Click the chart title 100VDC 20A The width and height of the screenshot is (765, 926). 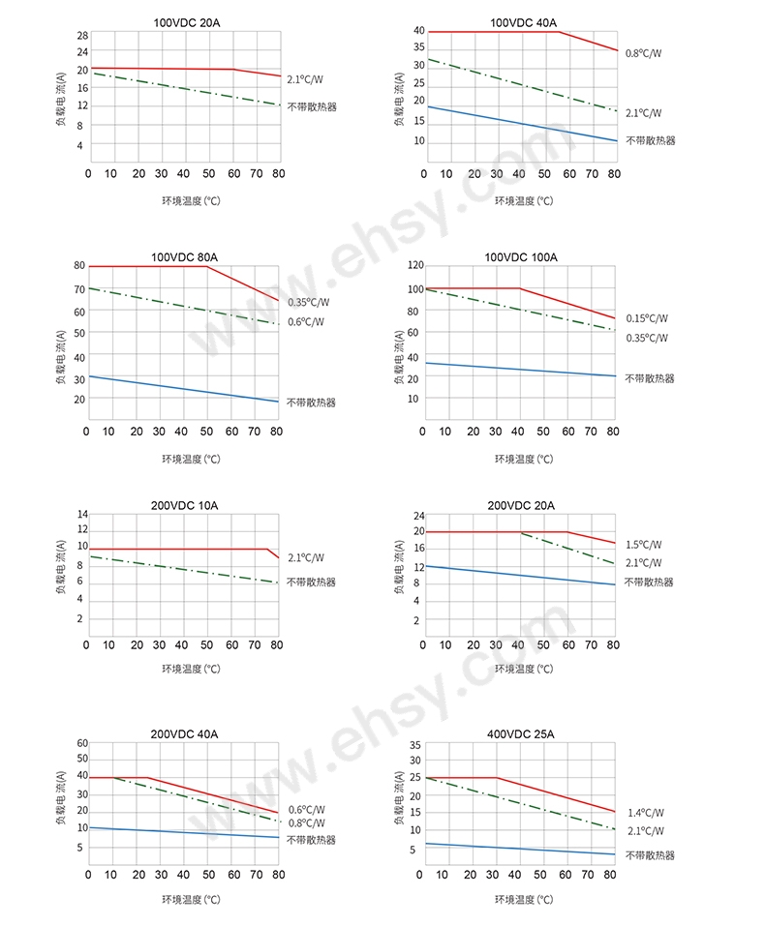click(x=184, y=22)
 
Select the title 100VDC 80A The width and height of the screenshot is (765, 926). click(x=184, y=256)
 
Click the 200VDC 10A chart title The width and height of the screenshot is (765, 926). click(x=184, y=505)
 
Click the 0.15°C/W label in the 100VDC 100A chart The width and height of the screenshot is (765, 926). click(x=646, y=318)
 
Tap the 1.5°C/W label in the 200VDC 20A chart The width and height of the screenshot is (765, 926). click(x=643, y=545)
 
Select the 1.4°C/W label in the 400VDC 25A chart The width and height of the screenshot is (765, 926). click(x=646, y=813)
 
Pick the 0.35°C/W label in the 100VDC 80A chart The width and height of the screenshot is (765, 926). click(x=309, y=303)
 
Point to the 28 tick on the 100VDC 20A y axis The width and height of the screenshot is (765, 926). click(x=82, y=35)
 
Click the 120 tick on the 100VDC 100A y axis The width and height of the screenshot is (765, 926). click(x=415, y=265)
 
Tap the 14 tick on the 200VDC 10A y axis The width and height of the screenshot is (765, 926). click(x=82, y=514)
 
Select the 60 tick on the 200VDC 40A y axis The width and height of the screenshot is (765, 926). click(x=82, y=743)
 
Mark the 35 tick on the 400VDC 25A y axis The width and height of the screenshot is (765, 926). click(x=414, y=744)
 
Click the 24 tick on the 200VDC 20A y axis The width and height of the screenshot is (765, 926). click(x=418, y=515)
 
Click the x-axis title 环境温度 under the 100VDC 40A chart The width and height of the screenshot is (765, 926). click(x=524, y=201)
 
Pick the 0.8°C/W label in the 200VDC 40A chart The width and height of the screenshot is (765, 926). click(x=307, y=823)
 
